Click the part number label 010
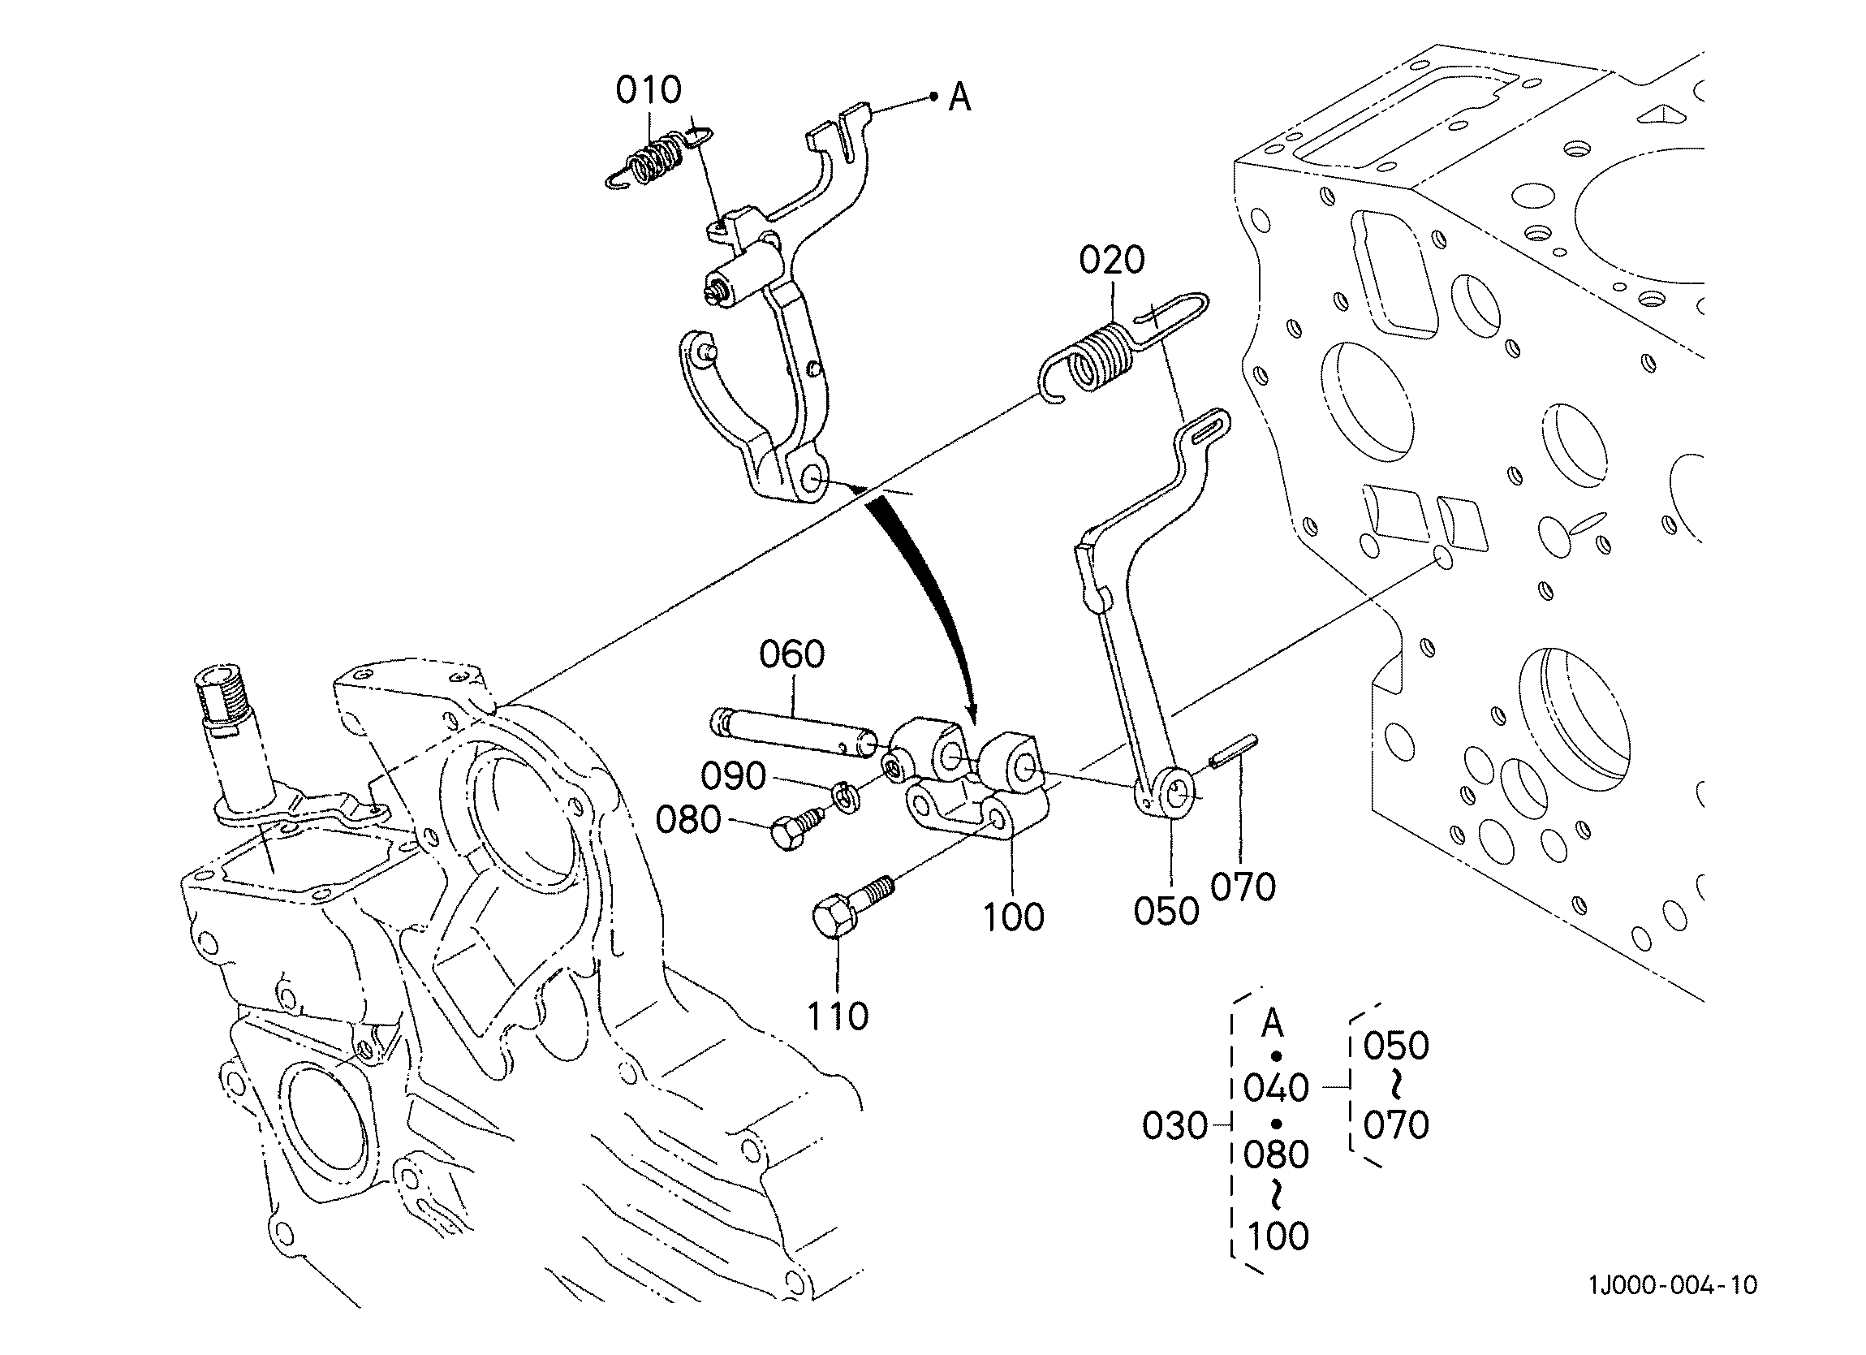[649, 90]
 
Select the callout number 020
[1111, 260]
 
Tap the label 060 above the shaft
[791, 654]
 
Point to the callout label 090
[733, 776]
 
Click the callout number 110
[838, 1016]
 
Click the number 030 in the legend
[1175, 1126]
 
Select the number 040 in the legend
[1276, 1088]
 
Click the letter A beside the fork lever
[959, 98]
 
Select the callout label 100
[1014, 917]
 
